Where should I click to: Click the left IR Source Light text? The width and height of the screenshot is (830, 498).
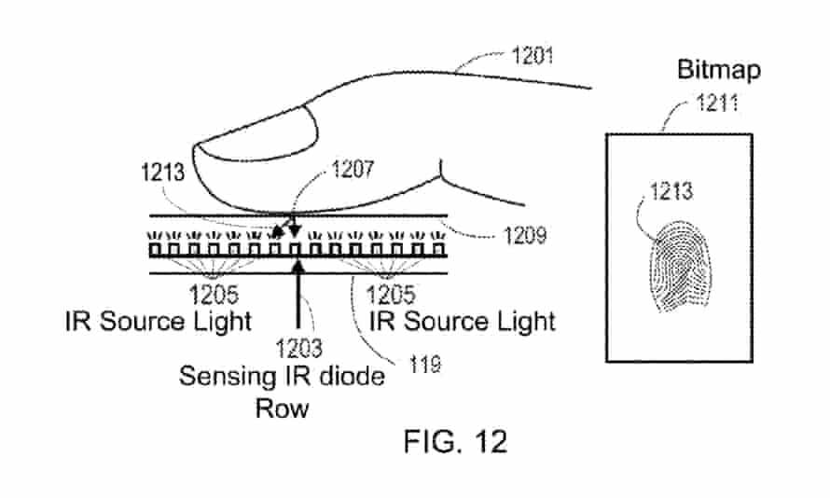pos(159,322)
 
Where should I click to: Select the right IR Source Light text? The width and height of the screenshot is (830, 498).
pos(463,322)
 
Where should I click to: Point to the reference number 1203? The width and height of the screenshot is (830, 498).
pos(299,350)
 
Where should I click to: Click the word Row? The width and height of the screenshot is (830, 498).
pos(283,408)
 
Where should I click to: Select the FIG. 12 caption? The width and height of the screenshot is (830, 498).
pos(455,440)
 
